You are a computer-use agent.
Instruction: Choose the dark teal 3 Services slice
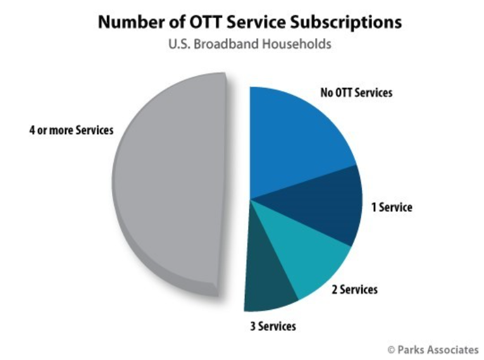[268, 278]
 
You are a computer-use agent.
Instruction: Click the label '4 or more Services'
[71, 130]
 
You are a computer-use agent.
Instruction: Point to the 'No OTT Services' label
[356, 92]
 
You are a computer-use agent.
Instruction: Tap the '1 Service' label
[392, 207]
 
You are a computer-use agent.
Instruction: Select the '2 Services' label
[355, 290]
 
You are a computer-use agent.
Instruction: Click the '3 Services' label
[273, 326]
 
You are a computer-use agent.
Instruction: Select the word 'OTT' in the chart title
[206, 22]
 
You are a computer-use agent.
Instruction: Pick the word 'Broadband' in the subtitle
[226, 44]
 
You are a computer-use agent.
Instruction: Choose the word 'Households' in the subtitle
[297, 44]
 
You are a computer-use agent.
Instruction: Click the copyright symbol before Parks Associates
[391, 350]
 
